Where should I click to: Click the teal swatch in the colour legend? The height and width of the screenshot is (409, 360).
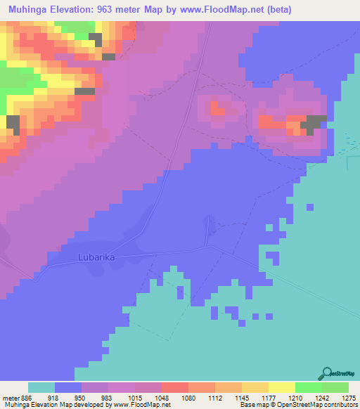pyautogui.click(x=41, y=387)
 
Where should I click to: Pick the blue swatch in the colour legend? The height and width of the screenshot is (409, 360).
pyautogui.click(x=67, y=387)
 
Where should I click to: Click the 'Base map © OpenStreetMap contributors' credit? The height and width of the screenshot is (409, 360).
pyautogui.click(x=298, y=404)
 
